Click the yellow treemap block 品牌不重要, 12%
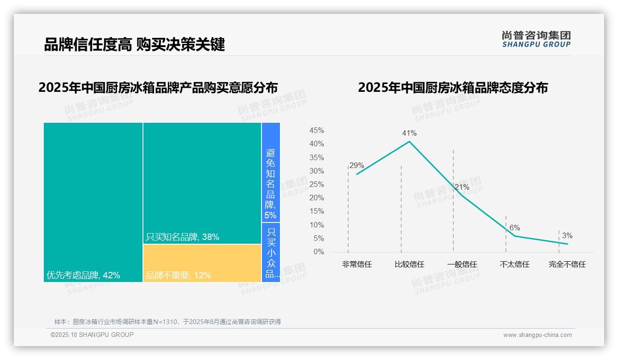(202, 263)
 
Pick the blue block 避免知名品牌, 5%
(271, 173)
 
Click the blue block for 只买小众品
(271, 252)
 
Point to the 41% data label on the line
(409, 133)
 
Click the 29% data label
(357, 165)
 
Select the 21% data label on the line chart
(462, 187)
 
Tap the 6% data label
(515, 228)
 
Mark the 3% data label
(567, 236)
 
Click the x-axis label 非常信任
(357, 264)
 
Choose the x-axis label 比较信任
(409, 264)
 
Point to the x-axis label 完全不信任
(567, 264)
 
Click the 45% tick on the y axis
(316, 131)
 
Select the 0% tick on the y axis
(319, 252)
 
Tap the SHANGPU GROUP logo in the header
(536, 39)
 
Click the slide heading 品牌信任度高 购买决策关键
(134, 44)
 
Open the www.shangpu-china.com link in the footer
(537, 335)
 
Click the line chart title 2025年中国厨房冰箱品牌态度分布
(453, 88)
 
